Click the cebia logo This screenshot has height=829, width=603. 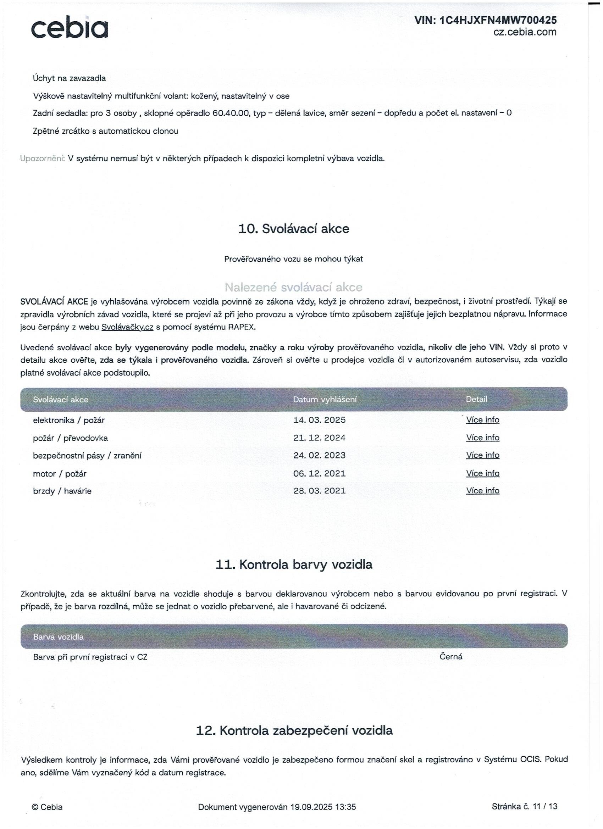click(70, 28)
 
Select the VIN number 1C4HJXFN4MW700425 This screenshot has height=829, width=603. click(498, 20)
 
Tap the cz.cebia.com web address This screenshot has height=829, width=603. click(525, 32)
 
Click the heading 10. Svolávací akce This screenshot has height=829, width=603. click(294, 229)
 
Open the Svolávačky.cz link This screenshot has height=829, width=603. click(127, 327)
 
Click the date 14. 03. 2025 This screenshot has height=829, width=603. click(319, 420)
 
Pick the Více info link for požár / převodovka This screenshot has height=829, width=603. click(482, 438)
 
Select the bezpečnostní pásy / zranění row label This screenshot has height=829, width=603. click(87, 456)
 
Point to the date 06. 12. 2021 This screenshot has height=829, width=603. click(319, 474)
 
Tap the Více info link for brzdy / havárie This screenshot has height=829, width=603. click(482, 490)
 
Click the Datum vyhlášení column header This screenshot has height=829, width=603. click(325, 400)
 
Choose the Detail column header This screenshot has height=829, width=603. click(476, 399)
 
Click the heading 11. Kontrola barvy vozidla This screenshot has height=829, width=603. click(294, 565)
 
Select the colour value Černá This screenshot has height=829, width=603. click(451, 657)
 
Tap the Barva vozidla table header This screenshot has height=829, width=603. click(58, 637)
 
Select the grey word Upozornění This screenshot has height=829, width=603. click(43, 158)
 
